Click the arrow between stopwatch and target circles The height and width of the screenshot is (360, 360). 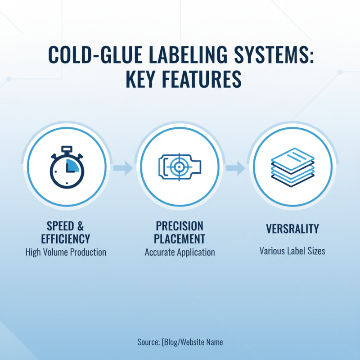pyautogui.click(x=122, y=168)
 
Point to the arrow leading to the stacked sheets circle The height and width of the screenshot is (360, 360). pyautogui.click(x=235, y=168)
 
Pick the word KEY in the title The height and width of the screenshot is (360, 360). pyautogui.click(x=137, y=80)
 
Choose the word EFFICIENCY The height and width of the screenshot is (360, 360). pyautogui.click(x=66, y=238)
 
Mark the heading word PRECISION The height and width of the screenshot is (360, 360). pyautogui.click(x=180, y=225)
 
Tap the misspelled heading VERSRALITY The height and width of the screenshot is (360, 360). pyautogui.click(x=292, y=229)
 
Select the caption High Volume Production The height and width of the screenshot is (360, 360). pyautogui.click(x=66, y=252)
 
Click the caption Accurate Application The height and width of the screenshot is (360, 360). pyautogui.click(x=180, y=252)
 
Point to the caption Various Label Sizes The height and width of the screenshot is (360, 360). pyautogui.click(x=292, y=250)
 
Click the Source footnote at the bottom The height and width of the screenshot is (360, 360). pyautogui.click(x=180, y=342)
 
